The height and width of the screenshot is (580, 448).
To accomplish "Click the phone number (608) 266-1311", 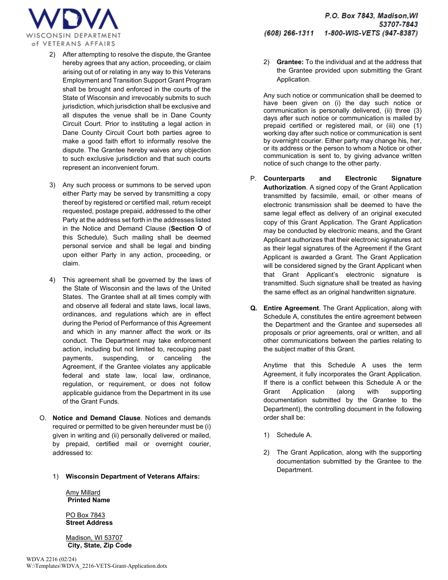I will [289, 33].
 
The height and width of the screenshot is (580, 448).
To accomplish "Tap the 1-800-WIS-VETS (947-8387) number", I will [371, 33].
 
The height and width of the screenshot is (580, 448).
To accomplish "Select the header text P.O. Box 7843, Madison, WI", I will [371, 16].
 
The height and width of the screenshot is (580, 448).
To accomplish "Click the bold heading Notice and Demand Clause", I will [96, 418].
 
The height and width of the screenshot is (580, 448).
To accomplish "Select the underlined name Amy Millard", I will [83, 492].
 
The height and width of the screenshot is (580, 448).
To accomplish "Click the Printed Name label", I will [89, 500].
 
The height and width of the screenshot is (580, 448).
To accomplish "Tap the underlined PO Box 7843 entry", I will [85, 515].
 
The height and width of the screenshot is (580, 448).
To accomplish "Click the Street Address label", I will [89, 522].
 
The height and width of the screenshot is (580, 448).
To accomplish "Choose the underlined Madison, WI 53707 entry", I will [94, 538].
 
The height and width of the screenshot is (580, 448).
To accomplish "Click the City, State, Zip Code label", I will [100, 545].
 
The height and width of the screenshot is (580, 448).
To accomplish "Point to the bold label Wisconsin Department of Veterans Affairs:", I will [133, 476].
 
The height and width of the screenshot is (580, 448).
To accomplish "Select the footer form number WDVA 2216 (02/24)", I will [51, 559].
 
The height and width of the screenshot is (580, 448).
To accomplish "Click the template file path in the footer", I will [97, 566].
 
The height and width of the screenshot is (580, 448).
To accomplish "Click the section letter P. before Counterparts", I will [253, 178].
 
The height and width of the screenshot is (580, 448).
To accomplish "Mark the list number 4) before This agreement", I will [52, 280].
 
